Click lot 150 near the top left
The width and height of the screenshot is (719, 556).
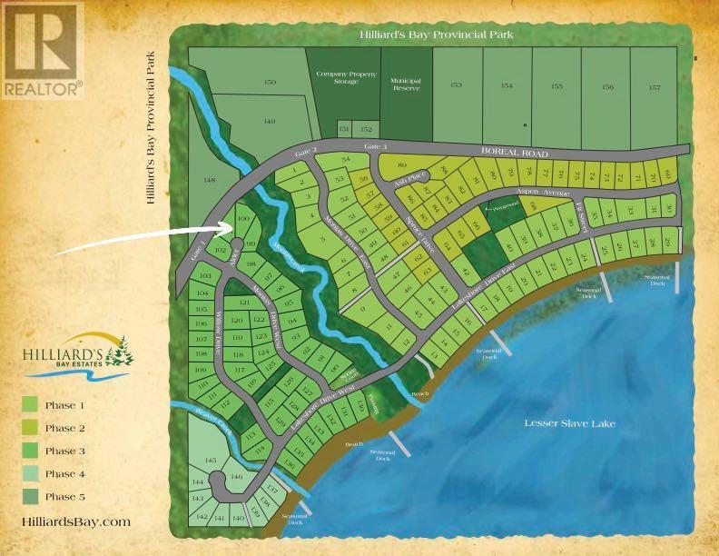click(269, 83)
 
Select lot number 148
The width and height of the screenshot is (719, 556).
click(210, 181)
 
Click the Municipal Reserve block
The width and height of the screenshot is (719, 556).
click(406, 85)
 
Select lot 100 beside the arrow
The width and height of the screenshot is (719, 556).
click(241, 219)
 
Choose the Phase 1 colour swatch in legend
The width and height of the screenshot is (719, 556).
click(30, 405)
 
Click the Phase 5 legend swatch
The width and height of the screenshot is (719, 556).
click(30, 497)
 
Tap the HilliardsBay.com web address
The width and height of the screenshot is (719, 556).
click(75, 521)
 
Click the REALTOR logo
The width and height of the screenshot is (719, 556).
click(42, 50)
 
